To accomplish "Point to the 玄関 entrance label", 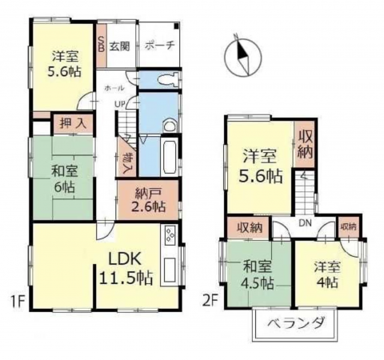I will (119, 45).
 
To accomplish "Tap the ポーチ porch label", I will (160, 45).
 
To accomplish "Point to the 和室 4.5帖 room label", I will (258, 276).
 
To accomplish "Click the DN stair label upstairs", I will (305, 225).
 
